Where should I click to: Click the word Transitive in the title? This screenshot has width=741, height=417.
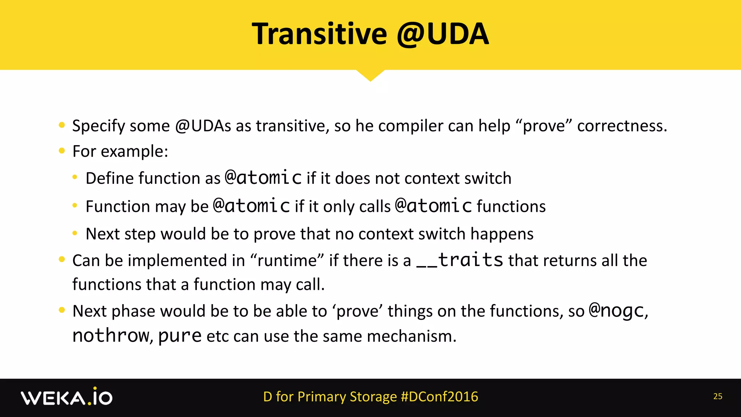319,34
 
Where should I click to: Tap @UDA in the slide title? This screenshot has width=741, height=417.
443,34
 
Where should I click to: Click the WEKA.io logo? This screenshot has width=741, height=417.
67,397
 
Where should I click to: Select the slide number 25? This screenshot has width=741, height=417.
717,397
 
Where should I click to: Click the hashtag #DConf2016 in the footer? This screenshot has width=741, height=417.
439,397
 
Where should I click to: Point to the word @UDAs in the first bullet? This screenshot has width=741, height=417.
203,126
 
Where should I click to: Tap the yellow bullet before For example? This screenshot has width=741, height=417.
62,151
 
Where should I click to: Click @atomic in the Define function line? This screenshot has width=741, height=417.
263,178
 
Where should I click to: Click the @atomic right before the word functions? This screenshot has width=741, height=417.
433,206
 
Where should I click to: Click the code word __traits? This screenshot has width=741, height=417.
460,260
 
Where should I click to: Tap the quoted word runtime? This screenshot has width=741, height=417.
287,261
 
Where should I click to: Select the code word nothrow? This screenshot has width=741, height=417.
110,336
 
